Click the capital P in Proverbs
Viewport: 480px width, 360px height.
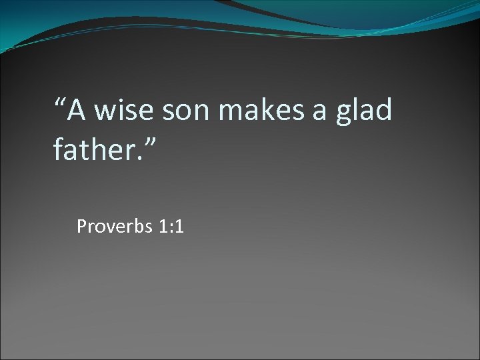[x=81, y=227]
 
